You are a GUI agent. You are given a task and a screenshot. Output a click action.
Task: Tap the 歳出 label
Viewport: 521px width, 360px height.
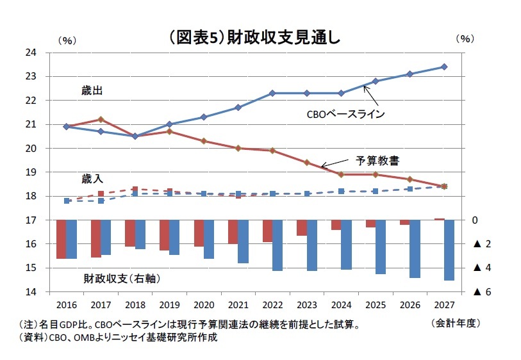click(x=92, y=91)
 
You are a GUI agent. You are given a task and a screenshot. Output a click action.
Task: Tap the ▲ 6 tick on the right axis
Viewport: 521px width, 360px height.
click(x=482, y=292)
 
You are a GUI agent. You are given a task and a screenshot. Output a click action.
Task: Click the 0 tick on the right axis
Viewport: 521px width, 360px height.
click(x=475, y=220)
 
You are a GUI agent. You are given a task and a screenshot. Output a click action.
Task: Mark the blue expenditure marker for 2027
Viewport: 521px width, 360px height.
click(x=444, y=67)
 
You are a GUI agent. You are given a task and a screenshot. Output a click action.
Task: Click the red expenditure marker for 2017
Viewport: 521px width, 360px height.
click(x=101, y=119)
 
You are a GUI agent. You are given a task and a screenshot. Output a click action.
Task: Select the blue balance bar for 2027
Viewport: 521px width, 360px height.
click(x=449, y=250)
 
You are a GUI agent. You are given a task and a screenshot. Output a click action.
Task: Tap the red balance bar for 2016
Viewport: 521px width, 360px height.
click(x=62, y=239)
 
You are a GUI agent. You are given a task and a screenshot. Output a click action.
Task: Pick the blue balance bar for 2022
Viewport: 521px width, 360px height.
click(x=277, y=245)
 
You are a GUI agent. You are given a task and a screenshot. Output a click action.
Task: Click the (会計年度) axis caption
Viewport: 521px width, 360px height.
click(x=456, y=322)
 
